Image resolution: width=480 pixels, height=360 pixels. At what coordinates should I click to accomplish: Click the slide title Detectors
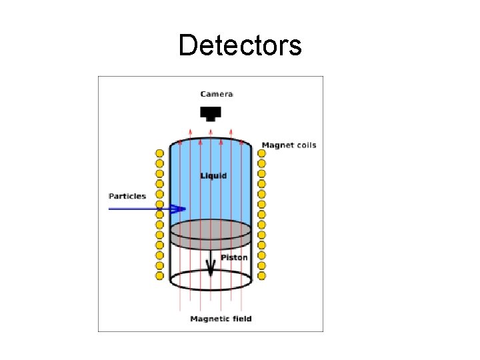[x=240, y=45]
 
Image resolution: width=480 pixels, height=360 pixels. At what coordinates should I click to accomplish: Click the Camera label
[x=217, y=95]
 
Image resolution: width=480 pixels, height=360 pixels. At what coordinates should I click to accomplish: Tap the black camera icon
[x=211, y=113]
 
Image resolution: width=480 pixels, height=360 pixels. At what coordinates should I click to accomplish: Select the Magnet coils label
[x=289, y=145]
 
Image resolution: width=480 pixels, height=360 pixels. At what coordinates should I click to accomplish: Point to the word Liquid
[x=213, y=176]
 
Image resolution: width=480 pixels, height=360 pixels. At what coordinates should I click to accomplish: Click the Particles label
[x=127, y=196]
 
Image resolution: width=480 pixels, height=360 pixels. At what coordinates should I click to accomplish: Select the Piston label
[x=234, y=257]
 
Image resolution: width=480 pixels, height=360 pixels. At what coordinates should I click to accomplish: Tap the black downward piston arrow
[x=211, y=266]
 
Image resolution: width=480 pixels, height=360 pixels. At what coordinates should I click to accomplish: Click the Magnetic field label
[x=221, y=319]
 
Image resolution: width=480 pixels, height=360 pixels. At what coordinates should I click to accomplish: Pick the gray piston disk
[x=211, y=233]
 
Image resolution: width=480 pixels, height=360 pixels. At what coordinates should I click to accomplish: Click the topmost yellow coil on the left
[x=160, y=153]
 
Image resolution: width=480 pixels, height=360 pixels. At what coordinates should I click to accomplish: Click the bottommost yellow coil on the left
[x=160, y=275]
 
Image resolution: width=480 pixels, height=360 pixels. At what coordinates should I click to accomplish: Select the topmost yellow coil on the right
[x=261, y=153]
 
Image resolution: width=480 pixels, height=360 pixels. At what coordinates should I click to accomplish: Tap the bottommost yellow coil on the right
[x=261, y=275]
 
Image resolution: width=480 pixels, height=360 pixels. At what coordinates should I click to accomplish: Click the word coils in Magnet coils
[x=305, y=145]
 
